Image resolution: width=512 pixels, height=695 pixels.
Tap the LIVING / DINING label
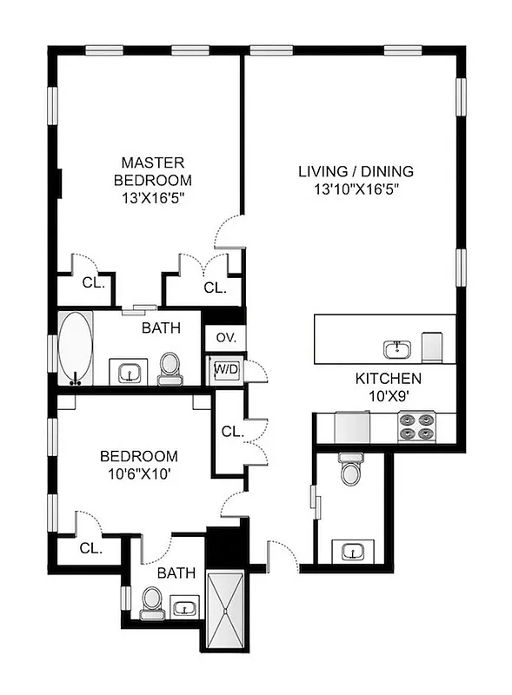356,171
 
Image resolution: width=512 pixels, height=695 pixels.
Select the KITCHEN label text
388,379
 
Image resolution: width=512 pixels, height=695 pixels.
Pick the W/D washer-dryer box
226,369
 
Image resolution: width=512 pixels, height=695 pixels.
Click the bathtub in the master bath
76,348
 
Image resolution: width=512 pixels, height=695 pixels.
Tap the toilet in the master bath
169,367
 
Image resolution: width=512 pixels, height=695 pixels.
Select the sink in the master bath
130,373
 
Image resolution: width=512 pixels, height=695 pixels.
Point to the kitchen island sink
396,349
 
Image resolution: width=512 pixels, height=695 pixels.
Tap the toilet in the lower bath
151,600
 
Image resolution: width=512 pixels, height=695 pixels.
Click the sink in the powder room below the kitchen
351,551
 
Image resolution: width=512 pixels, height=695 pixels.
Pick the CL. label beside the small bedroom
90,548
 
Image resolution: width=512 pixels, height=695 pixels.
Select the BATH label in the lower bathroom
176,573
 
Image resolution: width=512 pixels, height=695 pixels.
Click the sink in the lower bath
184,607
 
